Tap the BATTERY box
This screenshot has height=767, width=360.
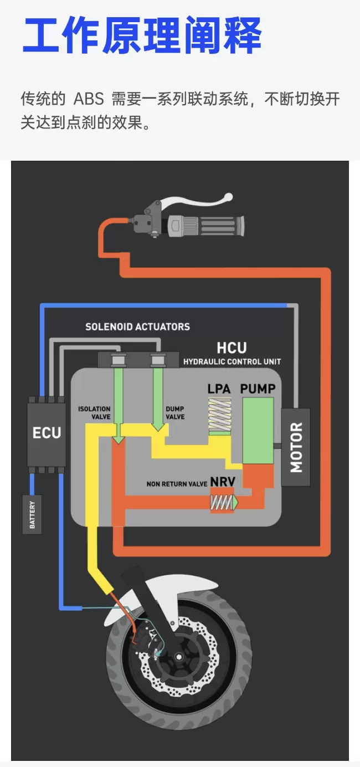[32, 514]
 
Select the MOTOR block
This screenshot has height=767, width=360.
[296, 447]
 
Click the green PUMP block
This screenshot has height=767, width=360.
[258, 431]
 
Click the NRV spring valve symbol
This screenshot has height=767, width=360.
[223, 502]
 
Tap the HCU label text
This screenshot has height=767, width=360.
[232, 348]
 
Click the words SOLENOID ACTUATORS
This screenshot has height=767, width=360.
[137, 326]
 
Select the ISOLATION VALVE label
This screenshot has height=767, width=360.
[94, 413]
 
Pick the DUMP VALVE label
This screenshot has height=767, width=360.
[175, 413]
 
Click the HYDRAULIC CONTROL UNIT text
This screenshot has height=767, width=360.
[232, 361]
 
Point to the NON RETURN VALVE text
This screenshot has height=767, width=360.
[177, 484]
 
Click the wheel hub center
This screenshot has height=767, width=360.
[178, 657]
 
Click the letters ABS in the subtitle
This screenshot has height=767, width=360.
[89, 99]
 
